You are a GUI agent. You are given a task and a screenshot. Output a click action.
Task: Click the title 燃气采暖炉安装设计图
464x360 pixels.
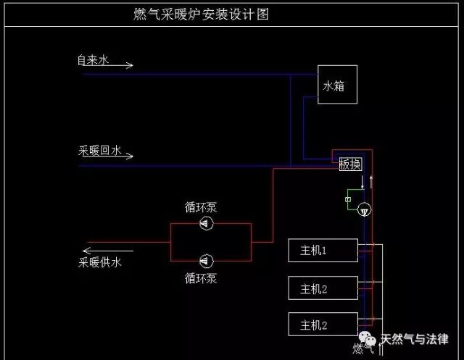(202, 14)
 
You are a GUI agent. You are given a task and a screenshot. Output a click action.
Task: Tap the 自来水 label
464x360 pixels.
(93, 61)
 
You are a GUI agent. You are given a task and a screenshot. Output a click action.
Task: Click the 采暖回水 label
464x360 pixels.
(100, 151)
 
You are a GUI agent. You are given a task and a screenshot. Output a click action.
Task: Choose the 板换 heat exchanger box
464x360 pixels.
(350, 164)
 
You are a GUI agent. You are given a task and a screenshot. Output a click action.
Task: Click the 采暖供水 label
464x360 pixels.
(100, 262)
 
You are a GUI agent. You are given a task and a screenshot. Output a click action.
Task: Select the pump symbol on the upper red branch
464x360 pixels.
(207, 223)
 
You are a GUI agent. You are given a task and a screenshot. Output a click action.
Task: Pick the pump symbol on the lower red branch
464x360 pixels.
(207, 259)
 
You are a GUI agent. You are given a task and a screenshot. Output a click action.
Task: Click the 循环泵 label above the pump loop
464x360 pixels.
(201, 208)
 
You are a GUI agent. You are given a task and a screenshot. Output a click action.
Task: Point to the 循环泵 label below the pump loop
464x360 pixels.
(201, 277)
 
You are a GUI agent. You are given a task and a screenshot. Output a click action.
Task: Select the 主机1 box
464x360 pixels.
(323, 251)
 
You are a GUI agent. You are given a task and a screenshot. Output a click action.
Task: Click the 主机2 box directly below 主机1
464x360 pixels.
(323, 289)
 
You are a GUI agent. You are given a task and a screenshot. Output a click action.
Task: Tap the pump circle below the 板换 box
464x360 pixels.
(364, 209)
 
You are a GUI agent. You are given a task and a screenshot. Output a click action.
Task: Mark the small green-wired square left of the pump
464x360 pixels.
(348, 200)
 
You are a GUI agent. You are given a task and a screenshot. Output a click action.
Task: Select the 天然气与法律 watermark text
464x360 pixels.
(415, 339)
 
